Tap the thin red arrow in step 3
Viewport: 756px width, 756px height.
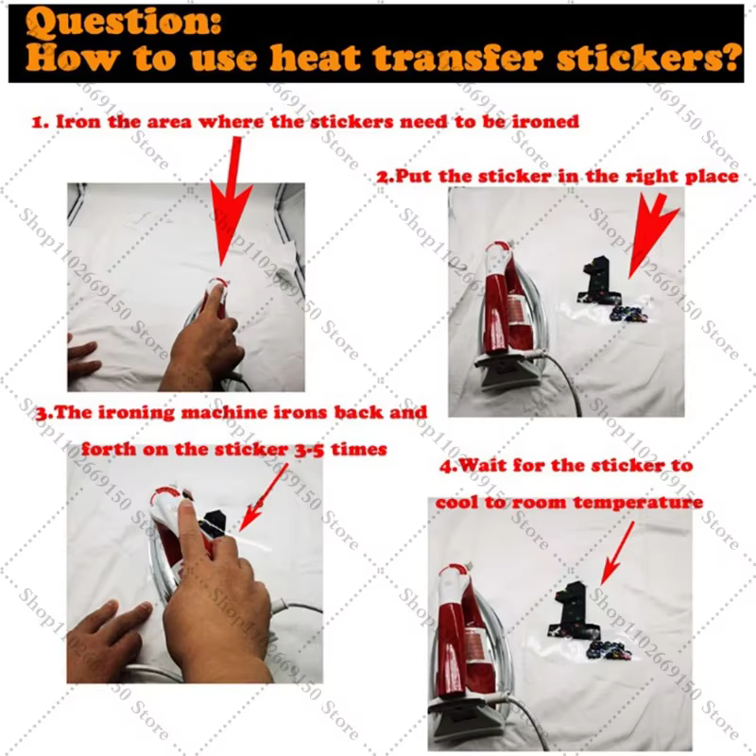pos(264,498)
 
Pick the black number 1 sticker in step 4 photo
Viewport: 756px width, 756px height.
pos(576,609)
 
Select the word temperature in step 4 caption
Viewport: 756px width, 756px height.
pos(639,503)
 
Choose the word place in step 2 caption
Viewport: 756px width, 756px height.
pos(712,177)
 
